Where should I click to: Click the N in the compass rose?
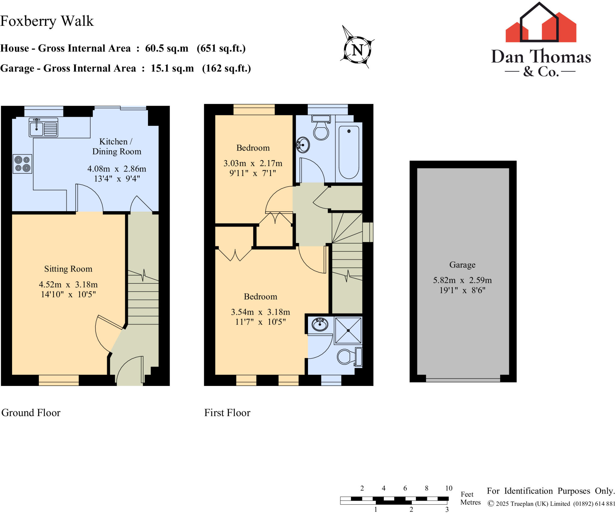coord(357,50)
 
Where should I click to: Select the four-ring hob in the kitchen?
coord(23,164)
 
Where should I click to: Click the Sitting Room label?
coord(68,269)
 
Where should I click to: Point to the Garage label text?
coord(462,265)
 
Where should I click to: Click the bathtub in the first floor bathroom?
coord(349,152)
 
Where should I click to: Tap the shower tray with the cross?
coord(348,330)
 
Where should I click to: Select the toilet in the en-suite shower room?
coord(346,357)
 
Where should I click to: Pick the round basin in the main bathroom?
coord(303,145)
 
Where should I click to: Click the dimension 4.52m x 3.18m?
coord(68,284)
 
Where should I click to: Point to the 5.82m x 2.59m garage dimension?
coord(462,280)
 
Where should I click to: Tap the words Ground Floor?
coord(31,413)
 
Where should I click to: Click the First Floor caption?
coord(227,413)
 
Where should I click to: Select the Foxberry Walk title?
coord(47,21)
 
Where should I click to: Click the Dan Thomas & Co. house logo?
coord(541,24)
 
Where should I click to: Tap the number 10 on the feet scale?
coord(448,488)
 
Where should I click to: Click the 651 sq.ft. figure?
coord(221,48)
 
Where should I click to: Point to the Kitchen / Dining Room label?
coord(117,146)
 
